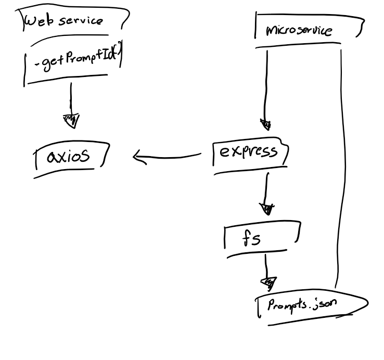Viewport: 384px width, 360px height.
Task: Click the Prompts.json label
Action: (299, 304)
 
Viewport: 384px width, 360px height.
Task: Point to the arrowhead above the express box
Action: (266, 125)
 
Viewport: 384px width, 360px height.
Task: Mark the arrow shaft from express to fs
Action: (266, 187)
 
